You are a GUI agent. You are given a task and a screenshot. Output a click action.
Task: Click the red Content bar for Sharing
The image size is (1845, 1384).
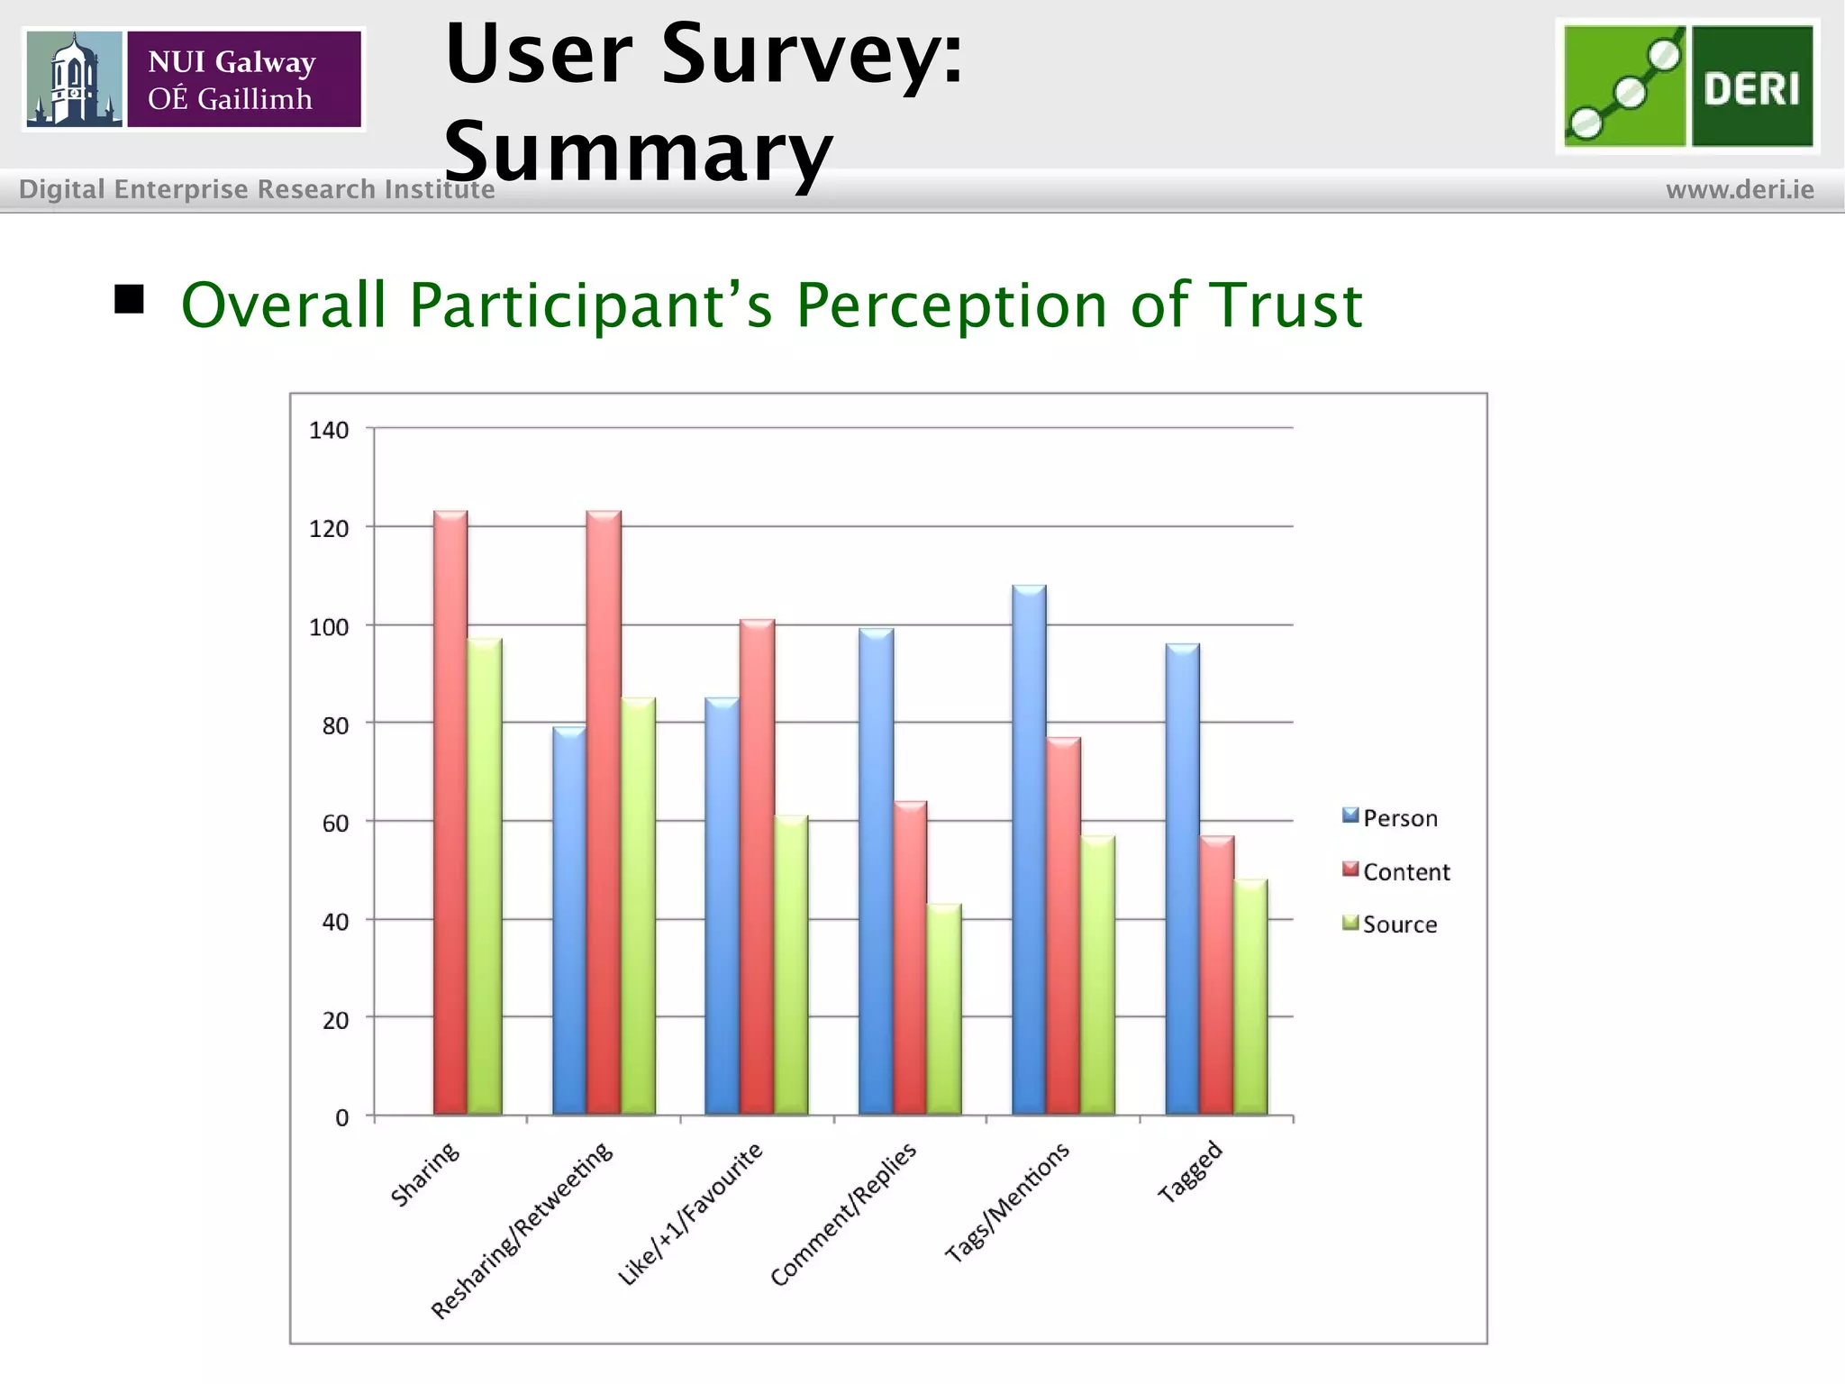[x=450, y=811]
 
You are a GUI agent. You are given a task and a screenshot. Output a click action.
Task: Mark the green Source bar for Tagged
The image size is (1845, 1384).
[x=1250, y=997]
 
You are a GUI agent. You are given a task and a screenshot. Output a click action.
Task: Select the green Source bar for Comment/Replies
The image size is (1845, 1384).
[x=944, y=1009]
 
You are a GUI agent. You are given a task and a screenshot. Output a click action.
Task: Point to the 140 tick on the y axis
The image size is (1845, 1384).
[x=329, y=431]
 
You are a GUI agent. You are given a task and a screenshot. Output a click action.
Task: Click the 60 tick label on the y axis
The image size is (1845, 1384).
[x=335, y=824]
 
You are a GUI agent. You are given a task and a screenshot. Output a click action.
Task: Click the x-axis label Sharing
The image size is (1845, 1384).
[x=425, y=1174]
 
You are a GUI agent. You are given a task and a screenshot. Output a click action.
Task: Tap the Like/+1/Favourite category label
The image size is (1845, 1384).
[x=690, y=1213]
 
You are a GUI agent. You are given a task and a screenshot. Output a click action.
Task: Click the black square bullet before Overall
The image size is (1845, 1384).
[x=130, y=299]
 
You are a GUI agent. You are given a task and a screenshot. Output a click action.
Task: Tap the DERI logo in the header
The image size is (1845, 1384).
[x=1686, y=86]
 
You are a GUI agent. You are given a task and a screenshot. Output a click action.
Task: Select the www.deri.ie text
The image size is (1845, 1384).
[x=1740, y=190]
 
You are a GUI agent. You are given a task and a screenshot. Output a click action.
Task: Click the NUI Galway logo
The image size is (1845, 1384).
[x=194, y=79]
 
